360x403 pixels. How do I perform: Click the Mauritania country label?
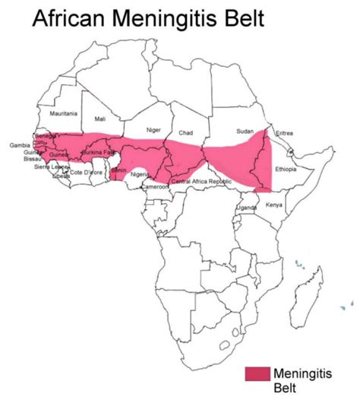[63, 113]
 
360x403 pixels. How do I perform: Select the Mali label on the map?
[100, 119]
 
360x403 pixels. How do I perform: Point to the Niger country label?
[153, 129]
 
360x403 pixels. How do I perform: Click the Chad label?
[186, 132]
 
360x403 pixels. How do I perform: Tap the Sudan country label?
[245, 131]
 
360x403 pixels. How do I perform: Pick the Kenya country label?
[274, 205]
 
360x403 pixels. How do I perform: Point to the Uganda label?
[248, 207]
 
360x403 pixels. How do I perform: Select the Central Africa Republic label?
[201, 182]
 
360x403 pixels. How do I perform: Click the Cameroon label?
[155, 187]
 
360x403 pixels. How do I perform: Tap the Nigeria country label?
[141, 174]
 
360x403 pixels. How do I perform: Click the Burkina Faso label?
[98, 153]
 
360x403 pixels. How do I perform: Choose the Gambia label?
[20, 144]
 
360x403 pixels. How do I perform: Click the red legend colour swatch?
[257, 374]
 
